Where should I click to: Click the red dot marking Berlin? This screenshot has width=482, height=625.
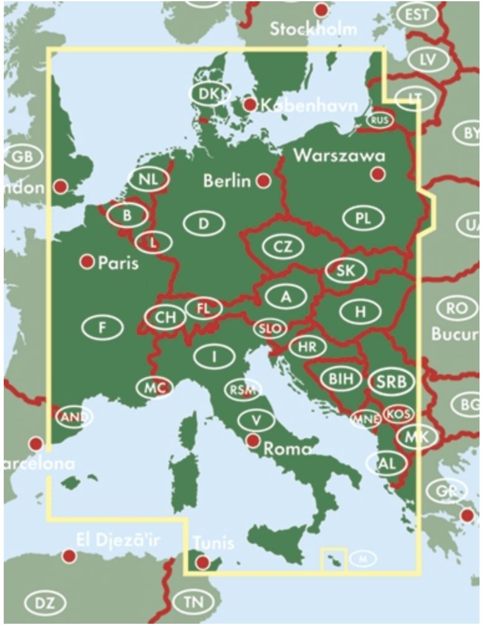point(263,181)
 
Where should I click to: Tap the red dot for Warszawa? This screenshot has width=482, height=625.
point(377,174)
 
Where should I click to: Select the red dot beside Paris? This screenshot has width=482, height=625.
point(87,261)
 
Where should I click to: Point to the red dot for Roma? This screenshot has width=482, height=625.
point(253,441)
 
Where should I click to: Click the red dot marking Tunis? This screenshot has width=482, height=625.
point(203,563)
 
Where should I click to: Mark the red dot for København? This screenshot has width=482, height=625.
point(250,105)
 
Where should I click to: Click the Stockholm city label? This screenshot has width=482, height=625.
point(314,29)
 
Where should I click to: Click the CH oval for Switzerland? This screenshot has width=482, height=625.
point(166,317)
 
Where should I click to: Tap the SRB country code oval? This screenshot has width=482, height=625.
point(391,382)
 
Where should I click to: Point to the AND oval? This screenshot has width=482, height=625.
point(73,416)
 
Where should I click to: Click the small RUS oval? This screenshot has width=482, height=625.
point(379,120)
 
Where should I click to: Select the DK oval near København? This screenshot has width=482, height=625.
point(207,93)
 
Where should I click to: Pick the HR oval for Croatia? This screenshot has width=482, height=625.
point(306,347)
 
